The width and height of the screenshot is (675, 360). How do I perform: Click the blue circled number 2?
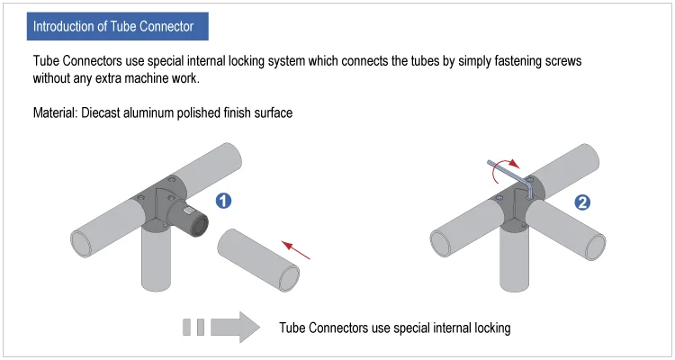click(x=581, y=202)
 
